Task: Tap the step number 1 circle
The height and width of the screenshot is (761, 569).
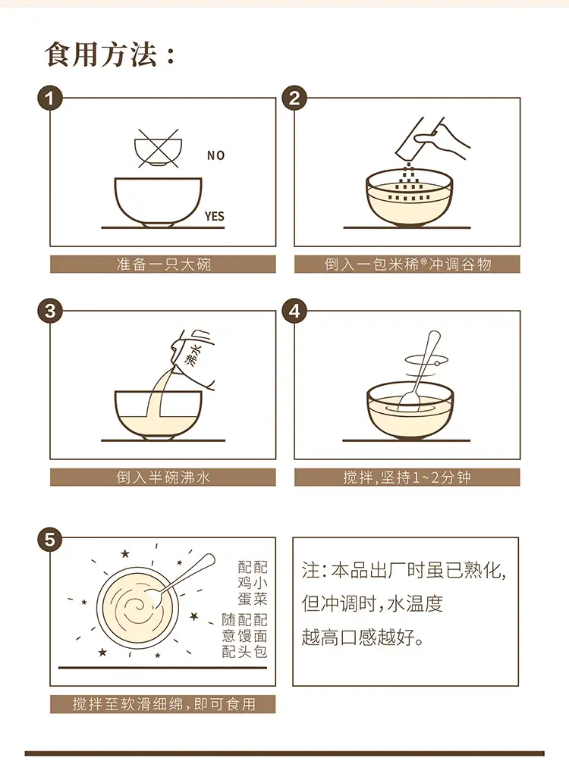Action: [x=50, y=98]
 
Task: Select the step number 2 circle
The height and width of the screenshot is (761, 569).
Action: [x=294, y=98]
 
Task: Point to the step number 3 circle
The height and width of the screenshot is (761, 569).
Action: [x=50, y=311]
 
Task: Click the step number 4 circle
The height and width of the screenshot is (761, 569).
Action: [x=294, y=311]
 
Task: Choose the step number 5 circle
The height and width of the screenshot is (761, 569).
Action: [x=50, y=539]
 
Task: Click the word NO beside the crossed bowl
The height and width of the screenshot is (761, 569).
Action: [x=215, y=155]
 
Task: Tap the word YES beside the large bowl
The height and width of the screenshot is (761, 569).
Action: [x=214, y=216]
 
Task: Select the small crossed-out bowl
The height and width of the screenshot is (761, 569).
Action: [x=158, y=149]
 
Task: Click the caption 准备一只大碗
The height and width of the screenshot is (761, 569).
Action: [x=163, y=264]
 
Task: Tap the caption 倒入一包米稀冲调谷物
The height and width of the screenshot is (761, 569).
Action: [x=407, y=264]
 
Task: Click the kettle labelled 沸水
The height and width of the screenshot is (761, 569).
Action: [x=193, y=358]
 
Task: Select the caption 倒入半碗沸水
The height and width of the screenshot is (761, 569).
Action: [x=163, y=477]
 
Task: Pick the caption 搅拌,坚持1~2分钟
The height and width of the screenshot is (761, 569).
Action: [x=407, y=477]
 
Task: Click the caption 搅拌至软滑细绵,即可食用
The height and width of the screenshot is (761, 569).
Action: [x=164, y=703]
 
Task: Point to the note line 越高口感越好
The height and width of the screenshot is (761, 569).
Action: [x=363, y=637]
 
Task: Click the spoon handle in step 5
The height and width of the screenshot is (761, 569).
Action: [x=190, y=573]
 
